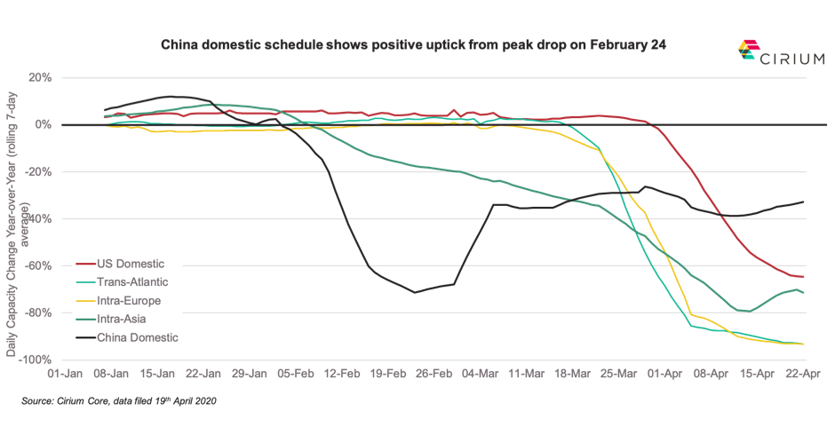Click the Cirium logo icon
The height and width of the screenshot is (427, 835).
pos(748,51)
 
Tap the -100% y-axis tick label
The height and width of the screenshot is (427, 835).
pos(38,360)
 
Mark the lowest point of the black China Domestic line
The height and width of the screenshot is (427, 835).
pos(414,292)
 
